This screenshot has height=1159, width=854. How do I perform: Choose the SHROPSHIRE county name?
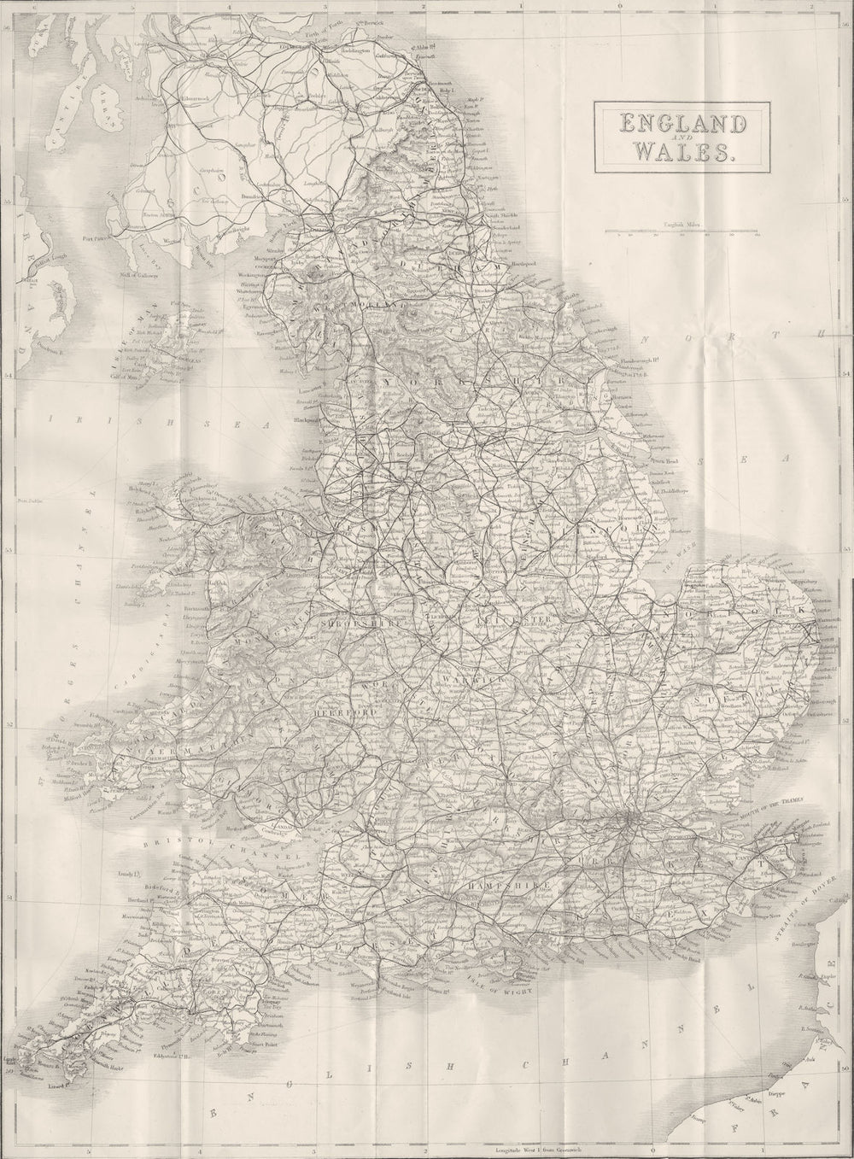[348, 623]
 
